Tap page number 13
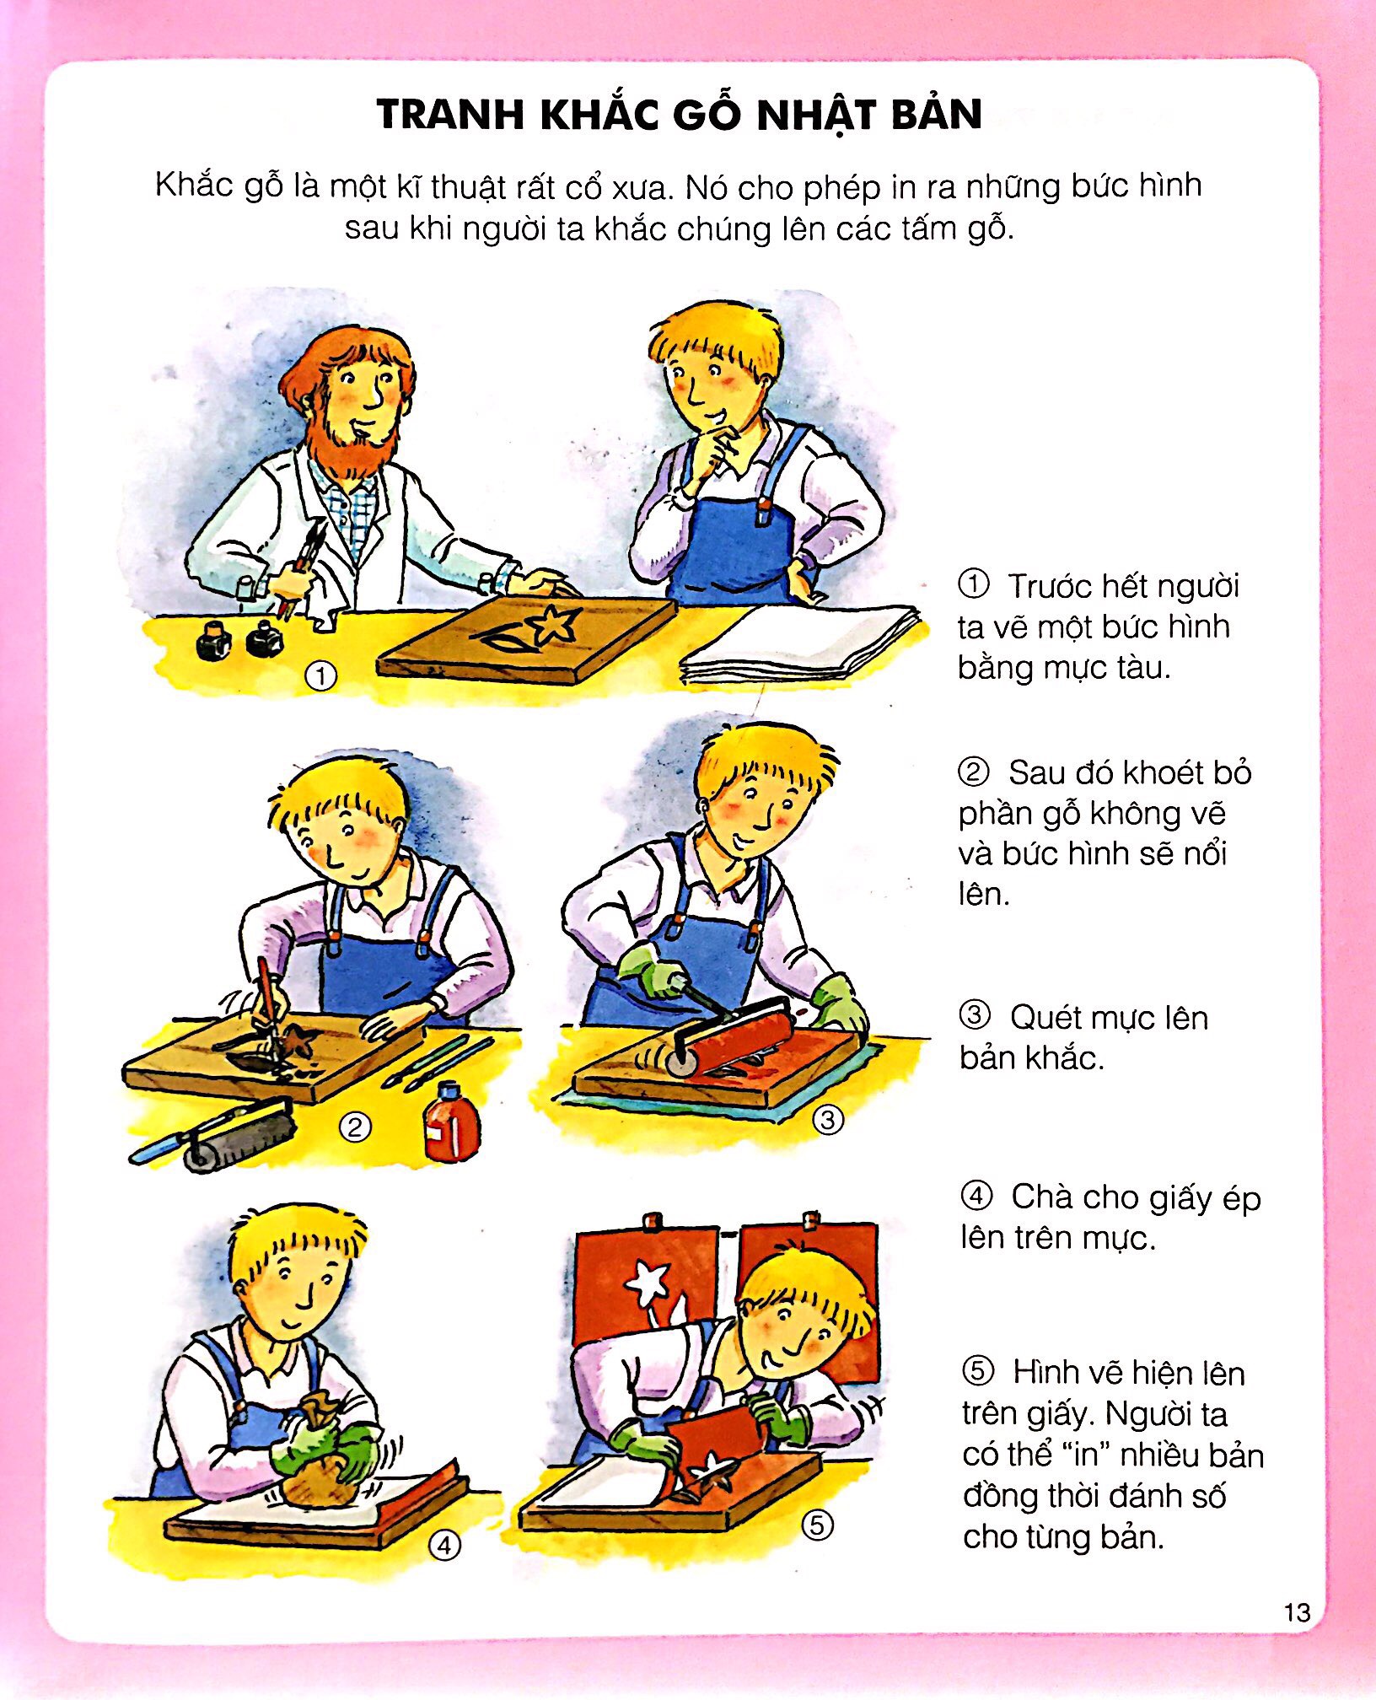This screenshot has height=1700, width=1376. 1297,1612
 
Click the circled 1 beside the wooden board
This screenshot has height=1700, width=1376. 320,675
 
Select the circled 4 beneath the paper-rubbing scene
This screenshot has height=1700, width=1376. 444,1545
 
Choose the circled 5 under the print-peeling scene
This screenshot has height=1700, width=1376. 817,1525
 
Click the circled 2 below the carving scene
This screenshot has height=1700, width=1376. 354,1127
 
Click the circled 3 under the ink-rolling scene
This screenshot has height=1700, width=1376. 827,1120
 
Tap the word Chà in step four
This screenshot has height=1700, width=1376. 1040,1197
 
